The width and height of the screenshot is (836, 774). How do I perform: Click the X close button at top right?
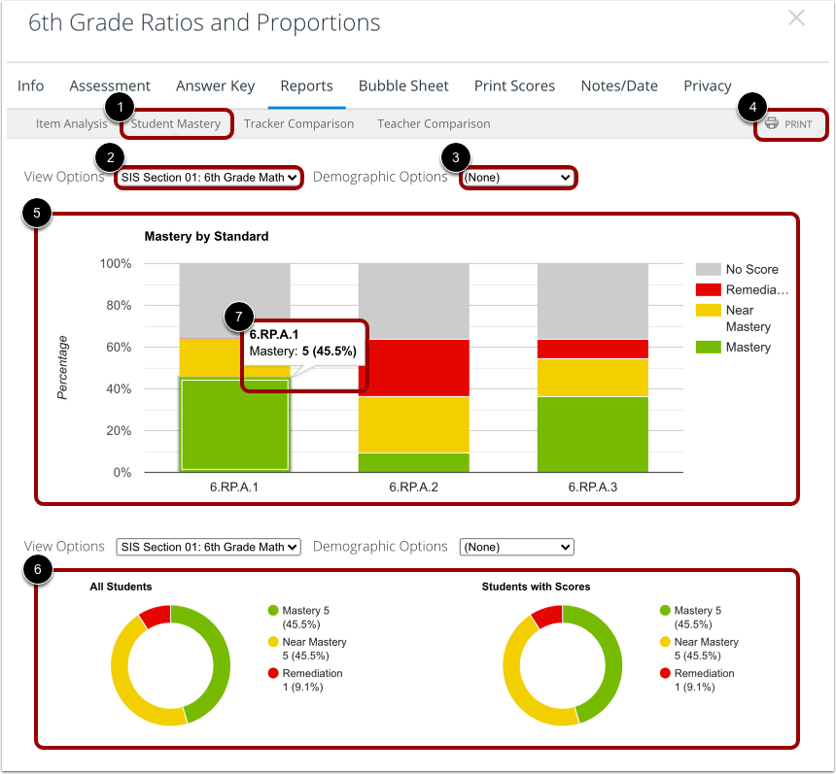(796, 18)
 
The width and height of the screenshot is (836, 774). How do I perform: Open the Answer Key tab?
(215, 85)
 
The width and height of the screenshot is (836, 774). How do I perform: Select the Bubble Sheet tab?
(403, 85)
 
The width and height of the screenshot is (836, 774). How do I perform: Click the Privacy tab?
(707, 85)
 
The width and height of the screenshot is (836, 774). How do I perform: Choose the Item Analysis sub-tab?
(71, 124)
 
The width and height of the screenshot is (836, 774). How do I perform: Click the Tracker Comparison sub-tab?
(298, 124)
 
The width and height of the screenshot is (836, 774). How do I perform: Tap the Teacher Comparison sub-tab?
(434, 124)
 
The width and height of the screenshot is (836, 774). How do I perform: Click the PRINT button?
(789, 124)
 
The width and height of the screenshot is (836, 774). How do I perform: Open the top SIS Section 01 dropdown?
(209, 178)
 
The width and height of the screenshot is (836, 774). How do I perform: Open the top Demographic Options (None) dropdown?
(517, 178)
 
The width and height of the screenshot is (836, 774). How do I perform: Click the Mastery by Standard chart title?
(206, 236)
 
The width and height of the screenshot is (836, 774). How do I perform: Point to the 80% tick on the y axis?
(117, 306)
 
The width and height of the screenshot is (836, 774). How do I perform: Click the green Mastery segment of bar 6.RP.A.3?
(592, 434)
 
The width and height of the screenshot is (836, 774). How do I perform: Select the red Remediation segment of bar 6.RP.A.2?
(413, 368)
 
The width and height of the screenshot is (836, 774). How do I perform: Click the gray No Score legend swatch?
(709, 269)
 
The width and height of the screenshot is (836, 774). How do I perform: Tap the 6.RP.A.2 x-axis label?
(413, 488)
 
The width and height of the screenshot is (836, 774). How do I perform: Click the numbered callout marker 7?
(238, 317)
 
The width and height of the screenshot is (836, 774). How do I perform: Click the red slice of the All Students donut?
(156, 616)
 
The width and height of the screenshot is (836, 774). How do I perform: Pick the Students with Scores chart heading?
(536, 587)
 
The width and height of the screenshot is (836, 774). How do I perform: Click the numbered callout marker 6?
(37, 570)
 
